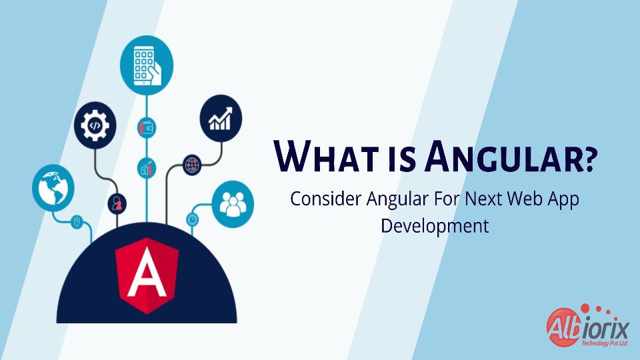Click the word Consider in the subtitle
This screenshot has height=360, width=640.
[x=326, y=199]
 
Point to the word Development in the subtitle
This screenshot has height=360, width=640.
[x=435, y=226]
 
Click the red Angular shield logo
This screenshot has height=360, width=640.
[x=147, y=275]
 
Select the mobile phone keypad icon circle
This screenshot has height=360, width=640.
[x=147, y=65]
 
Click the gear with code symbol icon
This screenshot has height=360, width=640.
[x=95, y=125]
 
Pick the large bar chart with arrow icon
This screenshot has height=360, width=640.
[x=221, y=119]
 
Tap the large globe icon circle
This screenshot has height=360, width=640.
[x=53, y=188]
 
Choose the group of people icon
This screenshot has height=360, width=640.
[x=233, y=204]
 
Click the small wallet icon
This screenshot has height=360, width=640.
[x=147, y=128]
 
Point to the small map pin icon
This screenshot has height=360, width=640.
[x=77, y=223]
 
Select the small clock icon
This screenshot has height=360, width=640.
[x=193, y=219]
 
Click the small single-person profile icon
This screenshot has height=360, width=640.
[x=117, y=203]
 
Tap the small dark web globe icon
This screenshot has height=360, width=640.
[x=192, y=165]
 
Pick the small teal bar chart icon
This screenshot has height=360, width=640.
[x=147, y=168]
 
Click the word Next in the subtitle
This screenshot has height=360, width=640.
[x=484, y=199]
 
